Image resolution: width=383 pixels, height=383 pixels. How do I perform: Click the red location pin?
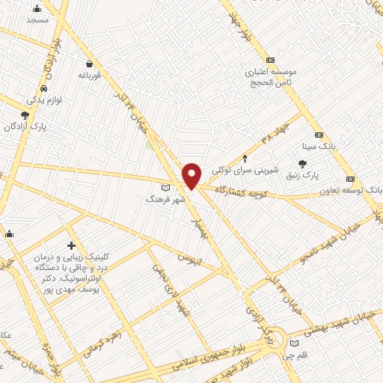click(191, 176)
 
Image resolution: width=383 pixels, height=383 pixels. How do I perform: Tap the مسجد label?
click(37, 19)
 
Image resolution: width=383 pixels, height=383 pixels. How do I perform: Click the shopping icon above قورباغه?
click(90, 64)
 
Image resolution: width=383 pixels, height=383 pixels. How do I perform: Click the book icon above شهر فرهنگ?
click(166, 188)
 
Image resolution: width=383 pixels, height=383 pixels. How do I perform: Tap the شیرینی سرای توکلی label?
click(245, 170)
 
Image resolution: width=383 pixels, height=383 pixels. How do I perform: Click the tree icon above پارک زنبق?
click(302, 163)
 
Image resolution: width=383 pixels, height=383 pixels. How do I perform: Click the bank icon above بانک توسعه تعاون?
click(350, 180)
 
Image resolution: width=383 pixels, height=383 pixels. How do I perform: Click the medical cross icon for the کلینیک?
click(71, 245)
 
